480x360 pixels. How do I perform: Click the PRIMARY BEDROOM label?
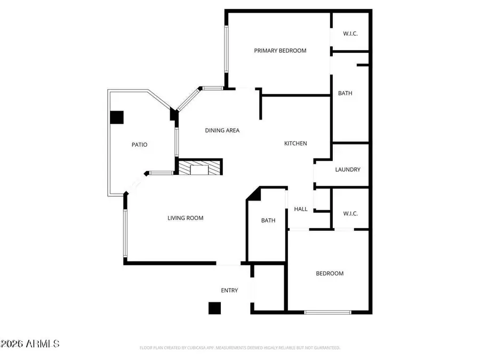point(280,51)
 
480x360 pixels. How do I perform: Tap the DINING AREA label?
point(222,130)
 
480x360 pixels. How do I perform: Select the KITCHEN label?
point(295,143)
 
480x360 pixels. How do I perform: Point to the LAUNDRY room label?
point(348,170)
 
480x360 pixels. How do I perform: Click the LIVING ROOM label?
point(185,218)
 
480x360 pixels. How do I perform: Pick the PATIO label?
point(140,145)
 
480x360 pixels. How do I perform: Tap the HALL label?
point(301,209)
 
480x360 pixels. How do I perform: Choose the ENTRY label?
point(229,290)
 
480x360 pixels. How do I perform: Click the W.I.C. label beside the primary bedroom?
point(350,34)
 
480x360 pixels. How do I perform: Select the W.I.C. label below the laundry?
point(350,213)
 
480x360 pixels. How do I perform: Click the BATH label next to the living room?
point(268,220)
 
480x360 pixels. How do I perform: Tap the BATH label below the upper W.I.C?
point(345,93)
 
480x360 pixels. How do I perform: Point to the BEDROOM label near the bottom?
point(330,274)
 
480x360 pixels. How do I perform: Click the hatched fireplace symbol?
point(199,168)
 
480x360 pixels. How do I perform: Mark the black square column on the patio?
point(117,117)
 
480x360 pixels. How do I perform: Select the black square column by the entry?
point(214,308)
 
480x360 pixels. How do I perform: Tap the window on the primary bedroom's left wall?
point(226,50)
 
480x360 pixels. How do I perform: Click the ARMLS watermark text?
point(30,343)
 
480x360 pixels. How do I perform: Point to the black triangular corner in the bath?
point(254,195)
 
